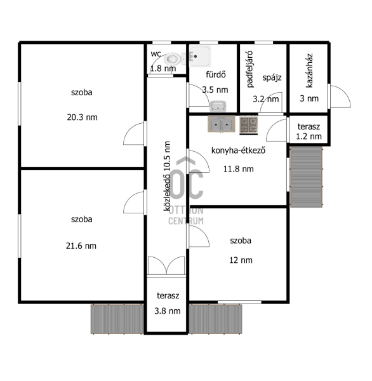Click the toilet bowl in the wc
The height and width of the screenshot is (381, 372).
coord(175,59)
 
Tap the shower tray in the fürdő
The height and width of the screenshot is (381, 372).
coord(200,56)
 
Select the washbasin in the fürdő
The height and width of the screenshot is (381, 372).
coord(218,106)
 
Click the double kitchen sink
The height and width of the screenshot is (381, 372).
coord(222,124)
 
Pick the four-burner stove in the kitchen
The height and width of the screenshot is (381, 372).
coord(249,125)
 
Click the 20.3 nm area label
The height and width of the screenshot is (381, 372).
coord(82,117)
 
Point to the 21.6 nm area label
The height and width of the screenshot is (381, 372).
coord(81,246)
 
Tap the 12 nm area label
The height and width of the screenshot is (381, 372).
coord(241,260)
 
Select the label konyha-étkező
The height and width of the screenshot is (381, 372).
coord(238,150)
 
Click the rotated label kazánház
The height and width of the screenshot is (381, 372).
coord(309,70)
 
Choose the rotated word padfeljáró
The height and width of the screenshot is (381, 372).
coord(249,69)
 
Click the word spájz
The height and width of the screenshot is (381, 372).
coord(272,77)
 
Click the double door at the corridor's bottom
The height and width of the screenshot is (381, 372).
coord(166,266)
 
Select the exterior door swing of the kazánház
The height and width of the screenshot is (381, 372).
coord(340,97)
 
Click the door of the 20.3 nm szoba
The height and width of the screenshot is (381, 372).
coord(135,133)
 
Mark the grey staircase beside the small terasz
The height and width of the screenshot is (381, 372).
coord(307,177)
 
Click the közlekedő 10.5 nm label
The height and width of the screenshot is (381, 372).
coord(167,176)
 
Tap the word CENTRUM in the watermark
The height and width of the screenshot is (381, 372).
coord(186,221)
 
